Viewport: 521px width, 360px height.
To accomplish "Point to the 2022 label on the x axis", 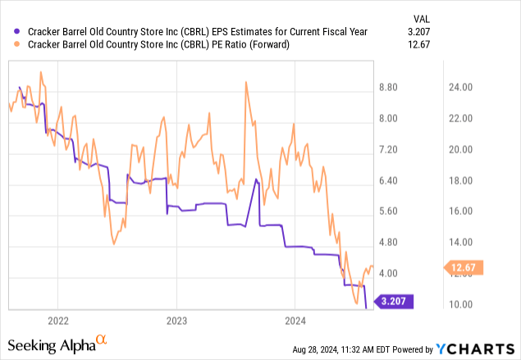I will (x=58, y=320).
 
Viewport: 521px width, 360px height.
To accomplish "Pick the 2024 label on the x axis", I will (x=296, y=320).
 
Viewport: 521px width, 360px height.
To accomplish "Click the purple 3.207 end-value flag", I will (x=395, y=301).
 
